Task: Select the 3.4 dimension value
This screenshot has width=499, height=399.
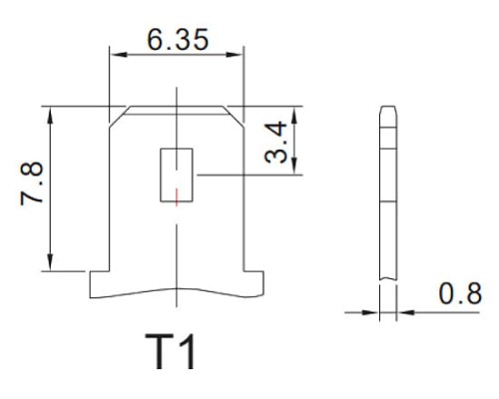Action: coord(280,142)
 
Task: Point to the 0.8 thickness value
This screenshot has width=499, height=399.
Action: coord(461,295)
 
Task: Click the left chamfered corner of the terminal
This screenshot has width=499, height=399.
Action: coord(118,115)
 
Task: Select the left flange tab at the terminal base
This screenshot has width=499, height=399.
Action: coord(99,285)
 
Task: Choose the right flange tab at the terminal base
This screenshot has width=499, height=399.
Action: coord(253,285)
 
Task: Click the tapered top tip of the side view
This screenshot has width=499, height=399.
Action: coord(389,112)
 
